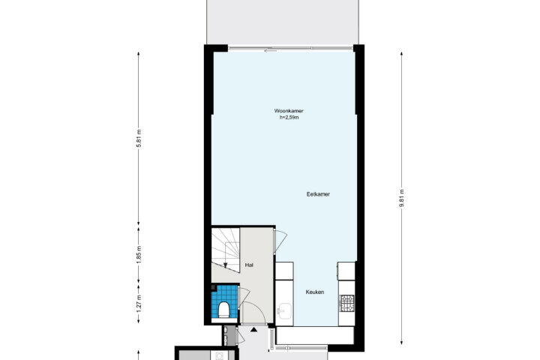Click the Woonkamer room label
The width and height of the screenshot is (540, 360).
tap(289, 111)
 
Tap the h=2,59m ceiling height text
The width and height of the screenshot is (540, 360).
tap(289, 118)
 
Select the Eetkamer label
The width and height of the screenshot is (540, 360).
tap(318, 194)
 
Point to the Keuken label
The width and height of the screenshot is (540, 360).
tap(315, 292)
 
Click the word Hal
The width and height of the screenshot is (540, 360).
tap(249, 265)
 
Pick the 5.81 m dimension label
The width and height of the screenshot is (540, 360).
tap(139, 138)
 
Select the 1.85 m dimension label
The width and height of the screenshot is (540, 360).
tap(139, 255)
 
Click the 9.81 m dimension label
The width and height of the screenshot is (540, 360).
tap(401, 199)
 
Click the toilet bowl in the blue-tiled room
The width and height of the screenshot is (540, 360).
tap(223, 309)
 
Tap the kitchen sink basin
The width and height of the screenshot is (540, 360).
tap(285, 311)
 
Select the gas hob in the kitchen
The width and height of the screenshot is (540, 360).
tap(346, 304)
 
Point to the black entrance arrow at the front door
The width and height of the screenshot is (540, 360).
tap(253, 330)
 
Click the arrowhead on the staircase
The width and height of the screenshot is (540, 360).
tap(225, 265)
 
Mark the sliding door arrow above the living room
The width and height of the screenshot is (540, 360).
tap(271, 51)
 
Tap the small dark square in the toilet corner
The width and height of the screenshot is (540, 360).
tap(213, 288)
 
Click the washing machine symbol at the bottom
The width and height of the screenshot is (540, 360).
tap(218, 355)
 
